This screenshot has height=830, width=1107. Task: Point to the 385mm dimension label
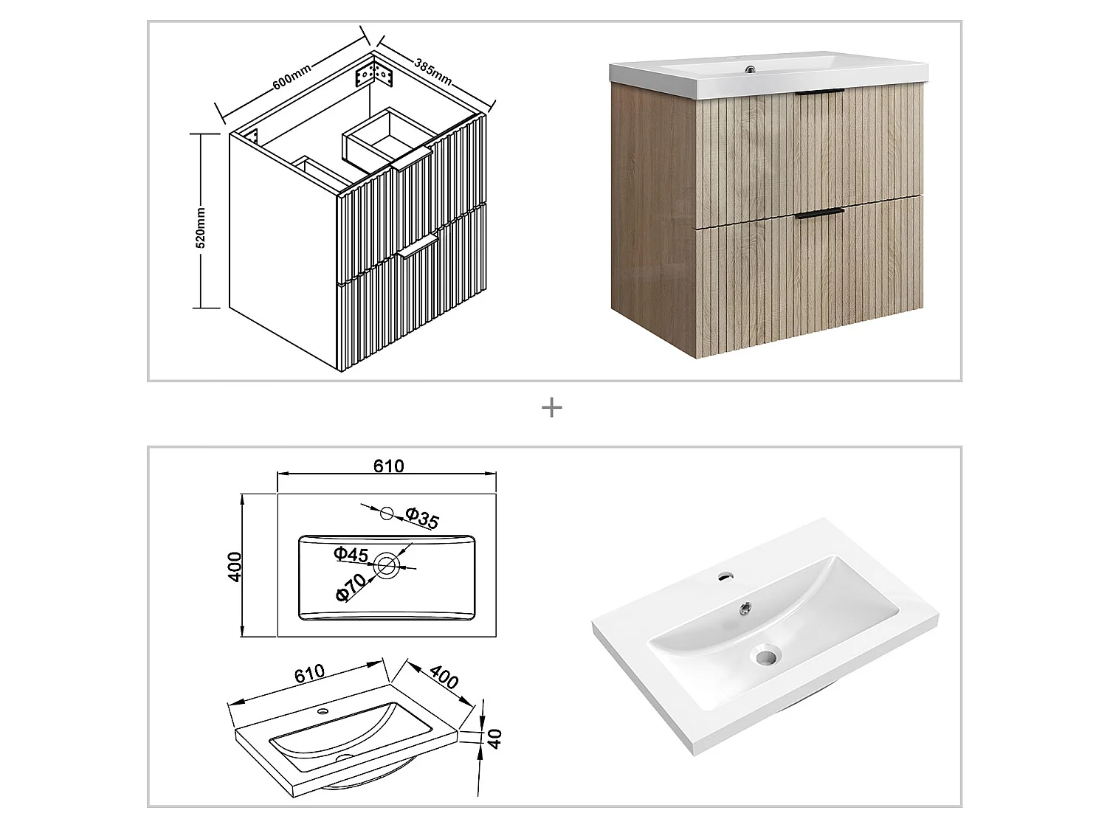click(x=432, y=72)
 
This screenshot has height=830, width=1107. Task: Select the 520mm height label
click(x=201, y=228)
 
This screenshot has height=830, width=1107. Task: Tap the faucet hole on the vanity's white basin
click(x=751, y=70)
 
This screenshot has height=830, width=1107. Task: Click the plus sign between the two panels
click(x=551, y=407)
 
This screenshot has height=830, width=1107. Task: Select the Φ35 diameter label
click(x=421, y=519)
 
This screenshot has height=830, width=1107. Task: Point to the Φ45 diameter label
click(x=351, y=553)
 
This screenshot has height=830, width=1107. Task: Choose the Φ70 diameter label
click(x=351, y=587)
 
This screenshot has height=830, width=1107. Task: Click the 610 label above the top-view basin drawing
click(x=388, y=466)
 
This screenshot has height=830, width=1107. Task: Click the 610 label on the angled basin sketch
click(x=309, y=674)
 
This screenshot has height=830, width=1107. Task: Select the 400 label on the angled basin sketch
click(x=444, y=676)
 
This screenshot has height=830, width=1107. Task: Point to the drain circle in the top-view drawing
click(x=386, y=567)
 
